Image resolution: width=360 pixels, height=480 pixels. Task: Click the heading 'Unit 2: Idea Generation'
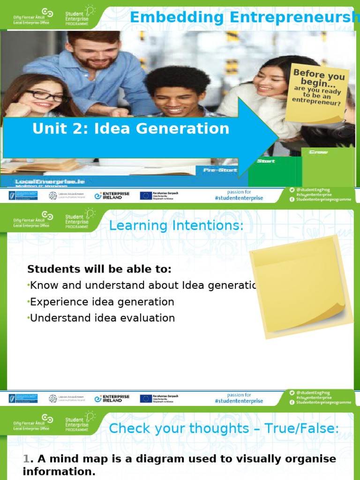[x=131, y=128]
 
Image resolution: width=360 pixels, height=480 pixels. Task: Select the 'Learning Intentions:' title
[x=176, y=226]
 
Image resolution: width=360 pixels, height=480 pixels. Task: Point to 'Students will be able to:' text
[x=99, y=269]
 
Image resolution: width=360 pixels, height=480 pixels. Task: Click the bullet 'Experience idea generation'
[x=102, y=302]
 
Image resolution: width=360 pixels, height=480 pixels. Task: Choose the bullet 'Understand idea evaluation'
[x=102, y=318]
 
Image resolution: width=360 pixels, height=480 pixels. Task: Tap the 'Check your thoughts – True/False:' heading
[x=224, y=428]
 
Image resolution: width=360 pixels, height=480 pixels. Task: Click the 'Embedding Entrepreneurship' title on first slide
[x=244, y=17]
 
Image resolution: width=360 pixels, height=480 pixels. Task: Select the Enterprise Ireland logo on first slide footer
[x=112, y=195]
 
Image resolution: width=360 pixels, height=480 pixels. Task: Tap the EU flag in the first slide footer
[x=145, y=195]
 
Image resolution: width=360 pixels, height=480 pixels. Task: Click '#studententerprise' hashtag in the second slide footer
[x=239, y=401]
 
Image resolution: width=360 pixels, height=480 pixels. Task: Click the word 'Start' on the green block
[x=266, y=161]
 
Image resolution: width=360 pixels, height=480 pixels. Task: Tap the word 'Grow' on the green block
[x=319, y=152]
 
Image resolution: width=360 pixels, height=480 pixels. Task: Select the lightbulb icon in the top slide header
[x=90, y=11]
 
